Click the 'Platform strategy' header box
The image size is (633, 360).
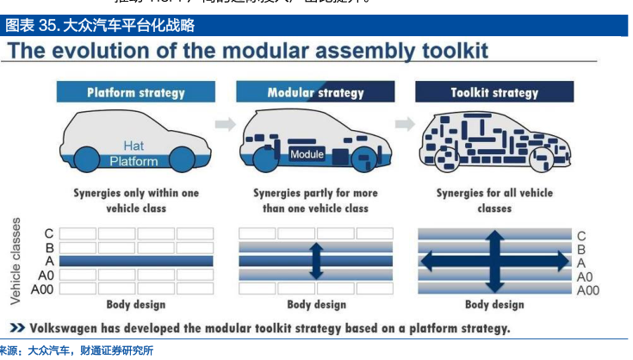point(134,92)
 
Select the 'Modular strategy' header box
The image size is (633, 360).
point(315,92)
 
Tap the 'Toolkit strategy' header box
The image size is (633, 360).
point(494,92)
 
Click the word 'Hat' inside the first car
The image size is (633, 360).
point(133,146)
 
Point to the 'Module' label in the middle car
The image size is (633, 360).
point(307,155)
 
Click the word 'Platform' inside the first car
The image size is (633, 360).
point(133,161)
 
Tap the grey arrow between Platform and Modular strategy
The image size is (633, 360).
point(225,124)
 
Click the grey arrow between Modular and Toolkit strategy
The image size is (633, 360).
point(405,124)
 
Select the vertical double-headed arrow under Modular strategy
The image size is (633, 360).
point(315,260)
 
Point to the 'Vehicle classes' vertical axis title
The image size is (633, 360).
point(16,261)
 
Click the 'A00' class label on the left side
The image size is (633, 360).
point(42,289)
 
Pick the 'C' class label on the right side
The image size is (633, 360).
point(581,235)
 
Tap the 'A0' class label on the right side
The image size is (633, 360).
point(585,276)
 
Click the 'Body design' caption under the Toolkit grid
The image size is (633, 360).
point(494,304)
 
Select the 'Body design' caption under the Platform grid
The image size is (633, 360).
point(135,304)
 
